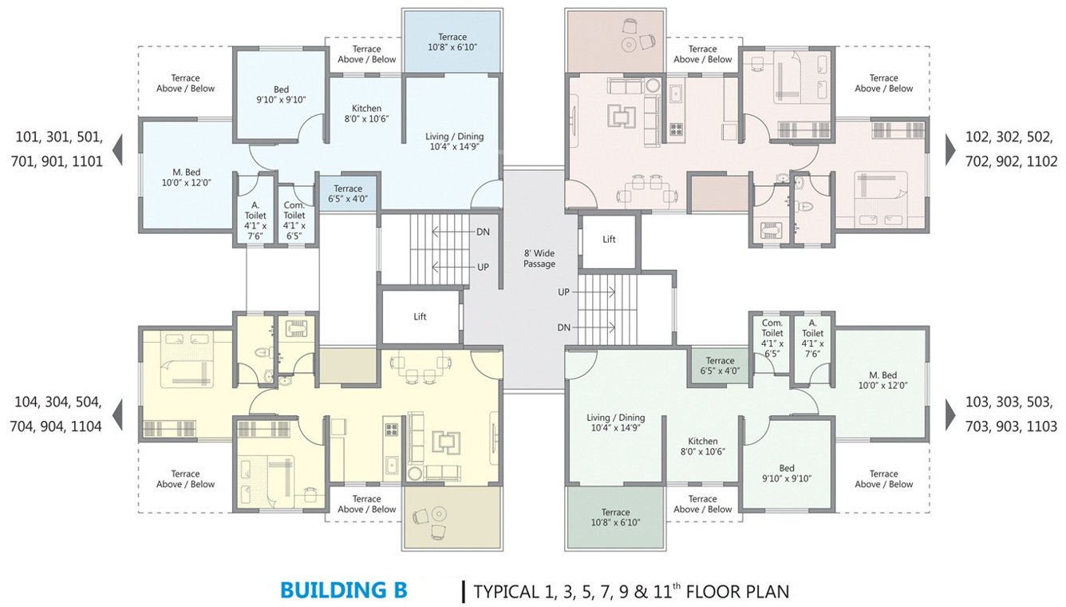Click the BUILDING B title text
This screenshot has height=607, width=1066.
click(344, 590)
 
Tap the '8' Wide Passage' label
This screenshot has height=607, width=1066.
click(539, 259)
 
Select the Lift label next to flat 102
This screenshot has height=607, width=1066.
click(609, 239)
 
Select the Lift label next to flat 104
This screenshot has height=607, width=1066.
click(420, 316)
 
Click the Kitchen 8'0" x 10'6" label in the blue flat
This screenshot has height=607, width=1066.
click(366, 113)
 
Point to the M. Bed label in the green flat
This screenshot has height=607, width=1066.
click(882, 380)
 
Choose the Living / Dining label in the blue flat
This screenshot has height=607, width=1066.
click(455, 141)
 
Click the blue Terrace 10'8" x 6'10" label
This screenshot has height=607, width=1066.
click(452, 42)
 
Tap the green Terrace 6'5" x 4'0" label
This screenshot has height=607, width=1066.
click(720, 366)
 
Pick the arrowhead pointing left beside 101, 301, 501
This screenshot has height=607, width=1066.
click(117, 149)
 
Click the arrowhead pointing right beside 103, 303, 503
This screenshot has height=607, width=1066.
click(950, 415)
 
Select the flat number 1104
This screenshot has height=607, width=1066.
click(86, 426)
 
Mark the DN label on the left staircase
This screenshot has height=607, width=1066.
click(483, 232)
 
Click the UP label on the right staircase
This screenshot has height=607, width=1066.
click(563, 292)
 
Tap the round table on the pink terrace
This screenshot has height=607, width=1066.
click(629, 45)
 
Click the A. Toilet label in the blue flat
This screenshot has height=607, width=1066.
click(255, 220)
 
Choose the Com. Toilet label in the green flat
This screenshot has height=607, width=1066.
click(772, 339)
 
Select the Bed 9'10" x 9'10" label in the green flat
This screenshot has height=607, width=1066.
click(787, 473)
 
